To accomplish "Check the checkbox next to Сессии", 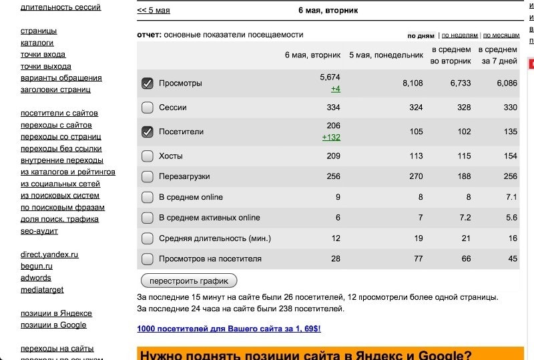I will [148, 108].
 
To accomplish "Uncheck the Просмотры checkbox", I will [148, 83].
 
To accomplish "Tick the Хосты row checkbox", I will [148, 156].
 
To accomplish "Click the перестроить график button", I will [189, 281].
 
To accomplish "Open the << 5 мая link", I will [154, 11].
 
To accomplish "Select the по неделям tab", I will [459, 35].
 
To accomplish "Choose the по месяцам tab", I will [501, 35].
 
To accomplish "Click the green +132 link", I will [331, 137].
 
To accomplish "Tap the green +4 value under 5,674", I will [335, 89].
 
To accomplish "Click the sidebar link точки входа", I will [43, 55].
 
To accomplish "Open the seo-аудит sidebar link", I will [39, 231].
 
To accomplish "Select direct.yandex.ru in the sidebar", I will [49, 254].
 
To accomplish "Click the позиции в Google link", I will [53, 325].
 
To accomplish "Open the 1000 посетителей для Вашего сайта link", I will [228, 329].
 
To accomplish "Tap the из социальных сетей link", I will [60, 184].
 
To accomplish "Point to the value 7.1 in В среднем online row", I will [511, 197].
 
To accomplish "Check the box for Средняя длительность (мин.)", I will [148, 238].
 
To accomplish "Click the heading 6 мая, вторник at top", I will [328, 11].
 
